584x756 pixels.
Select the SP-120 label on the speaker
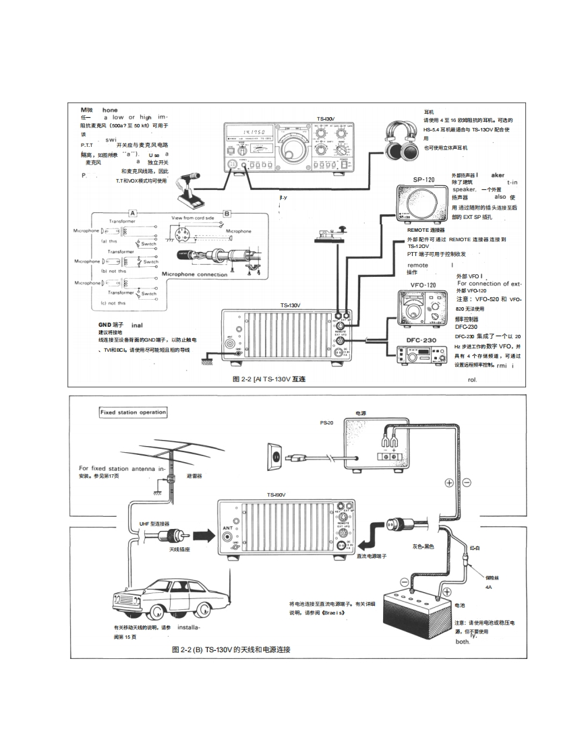[423, 181]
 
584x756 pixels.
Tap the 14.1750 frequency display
[247, 133]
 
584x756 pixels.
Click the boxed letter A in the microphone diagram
[133, 213]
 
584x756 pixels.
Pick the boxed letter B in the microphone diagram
[227, 213]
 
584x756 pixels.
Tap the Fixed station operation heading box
[133, 412]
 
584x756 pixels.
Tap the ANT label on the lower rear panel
[228, 528]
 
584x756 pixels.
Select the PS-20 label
[326, 422]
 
